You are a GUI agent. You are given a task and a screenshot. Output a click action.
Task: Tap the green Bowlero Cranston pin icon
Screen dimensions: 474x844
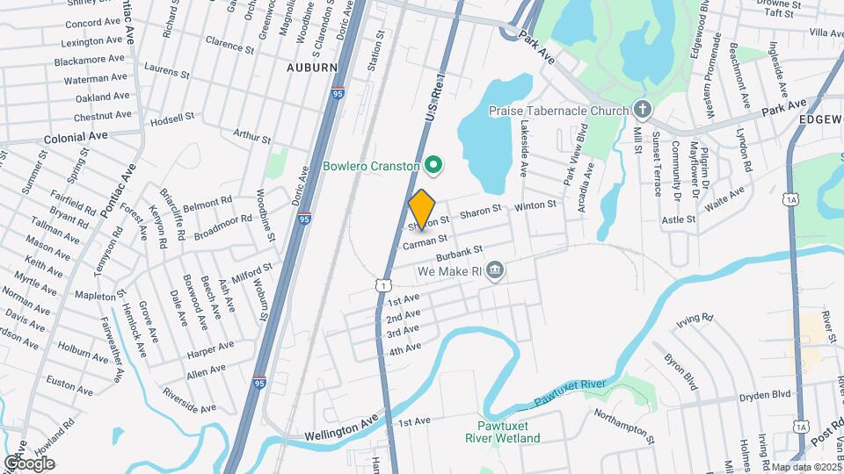pos(433,164)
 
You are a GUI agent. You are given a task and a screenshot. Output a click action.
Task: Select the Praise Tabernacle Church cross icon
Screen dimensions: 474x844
pos(643,110)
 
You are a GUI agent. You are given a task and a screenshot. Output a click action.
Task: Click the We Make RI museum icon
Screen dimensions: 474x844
pos(494,269)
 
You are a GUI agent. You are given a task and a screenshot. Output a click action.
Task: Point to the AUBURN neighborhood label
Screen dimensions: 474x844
pos(311,67)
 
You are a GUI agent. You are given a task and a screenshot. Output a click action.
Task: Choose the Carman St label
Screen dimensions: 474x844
pos(426,239)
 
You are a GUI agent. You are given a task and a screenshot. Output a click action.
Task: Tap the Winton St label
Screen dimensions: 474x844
pos(535,205)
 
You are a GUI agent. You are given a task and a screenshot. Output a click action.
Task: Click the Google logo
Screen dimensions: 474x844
pos(28,463)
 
